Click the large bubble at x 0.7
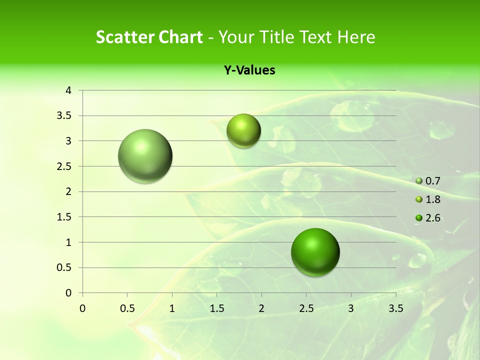[x=145, y=156]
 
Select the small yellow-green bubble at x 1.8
[x=243, y=130]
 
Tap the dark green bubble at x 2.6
[x=315, y=252]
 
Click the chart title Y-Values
[x=249, y=70]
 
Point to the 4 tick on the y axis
[x=68, y=90]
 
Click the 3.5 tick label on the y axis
[x=64, y=115]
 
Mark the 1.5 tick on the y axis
[x=64, y=217]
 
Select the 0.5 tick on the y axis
[x=64, y=267]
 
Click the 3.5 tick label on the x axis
[x=395, y=308]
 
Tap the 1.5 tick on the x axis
[x=216, y=308]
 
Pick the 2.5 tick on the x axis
[x=306, y=308]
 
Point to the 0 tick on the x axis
[x=82, y=308]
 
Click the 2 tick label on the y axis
[x=68, y=191]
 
